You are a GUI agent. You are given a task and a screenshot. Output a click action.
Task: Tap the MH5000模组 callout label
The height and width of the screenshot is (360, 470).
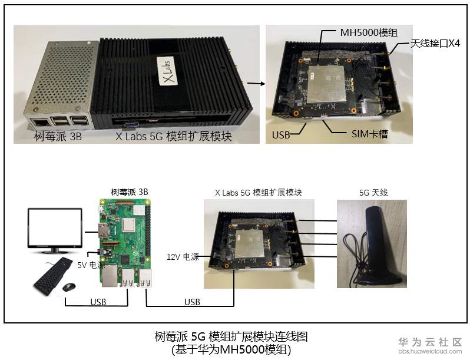pyautogui.click(x=369, y=32)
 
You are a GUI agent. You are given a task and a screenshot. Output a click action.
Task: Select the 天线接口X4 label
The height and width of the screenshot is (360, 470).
pyautogui.click(x=435, y=44)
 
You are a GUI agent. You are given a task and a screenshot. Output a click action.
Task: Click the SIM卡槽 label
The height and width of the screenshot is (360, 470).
pyautogui.click(x=370, y=134)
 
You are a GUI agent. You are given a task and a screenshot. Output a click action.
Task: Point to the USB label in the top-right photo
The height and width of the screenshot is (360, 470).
pyautogui.click(x=281, y=135)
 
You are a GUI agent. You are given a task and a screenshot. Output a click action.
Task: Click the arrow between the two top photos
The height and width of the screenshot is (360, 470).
pyautogui.click(x=256, y=84)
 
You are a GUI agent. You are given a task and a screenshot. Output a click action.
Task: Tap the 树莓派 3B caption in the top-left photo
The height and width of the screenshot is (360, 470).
pyautogui.click(x=58, y=136)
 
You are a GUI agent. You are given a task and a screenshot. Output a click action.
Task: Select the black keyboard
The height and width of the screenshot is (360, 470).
pyautogui.click(x=53, y=276)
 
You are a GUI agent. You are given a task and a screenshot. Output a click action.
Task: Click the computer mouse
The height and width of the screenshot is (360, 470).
pyautogui.click(x=69, y=287)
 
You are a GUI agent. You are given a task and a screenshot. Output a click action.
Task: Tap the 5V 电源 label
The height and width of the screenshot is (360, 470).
pyautogui.click(x=91, y=265)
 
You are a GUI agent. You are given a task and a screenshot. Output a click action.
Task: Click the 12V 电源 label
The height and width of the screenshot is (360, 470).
pyautogui.click(x=183, y=257)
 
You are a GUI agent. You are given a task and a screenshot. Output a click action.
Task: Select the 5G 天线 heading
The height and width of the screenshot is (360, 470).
pyautogui.click(x=373, y=193)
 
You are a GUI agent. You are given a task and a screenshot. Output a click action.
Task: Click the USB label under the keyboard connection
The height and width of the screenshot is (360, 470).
pyautogui.click(x=98, y=302)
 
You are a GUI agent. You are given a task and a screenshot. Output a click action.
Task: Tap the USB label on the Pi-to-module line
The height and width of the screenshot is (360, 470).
pyautogui.click(x=192, y=302)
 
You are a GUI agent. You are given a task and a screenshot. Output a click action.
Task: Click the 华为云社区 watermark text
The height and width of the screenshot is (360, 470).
pyautogui.click(x=430, y=342)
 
